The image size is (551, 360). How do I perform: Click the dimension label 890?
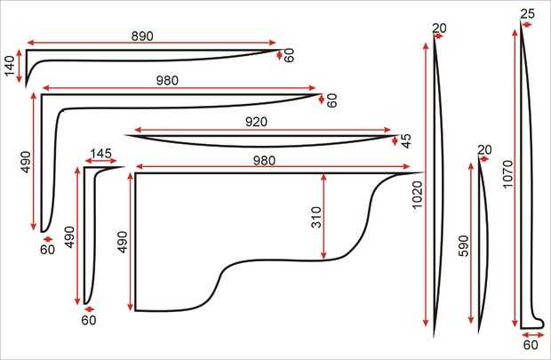tap(142, 36)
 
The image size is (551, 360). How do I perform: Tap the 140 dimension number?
tap(12, 65)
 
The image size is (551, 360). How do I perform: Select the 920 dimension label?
tap(261, 121)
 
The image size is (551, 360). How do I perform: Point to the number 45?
tap(406, 141)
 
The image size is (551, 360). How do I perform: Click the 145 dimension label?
tap(100, 154)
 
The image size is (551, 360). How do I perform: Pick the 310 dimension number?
tap(315, 217)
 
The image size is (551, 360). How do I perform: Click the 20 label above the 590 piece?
tap(484, 149)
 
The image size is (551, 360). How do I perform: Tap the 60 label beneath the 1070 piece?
tap(531, 344)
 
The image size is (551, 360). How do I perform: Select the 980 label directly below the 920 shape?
tap(264, 161)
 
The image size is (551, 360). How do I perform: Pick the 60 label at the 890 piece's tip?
tap(289, 54)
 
